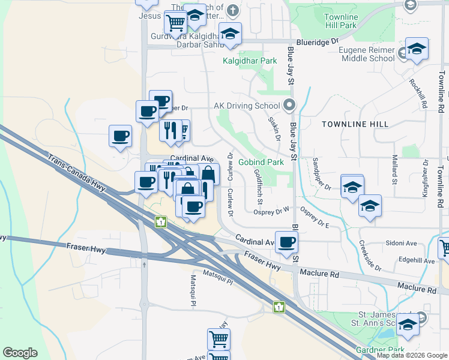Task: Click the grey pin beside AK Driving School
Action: pos(289,106)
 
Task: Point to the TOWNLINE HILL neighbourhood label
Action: pos(355,124)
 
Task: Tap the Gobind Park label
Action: pos(261,162)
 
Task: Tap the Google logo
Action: pos(20,353)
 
